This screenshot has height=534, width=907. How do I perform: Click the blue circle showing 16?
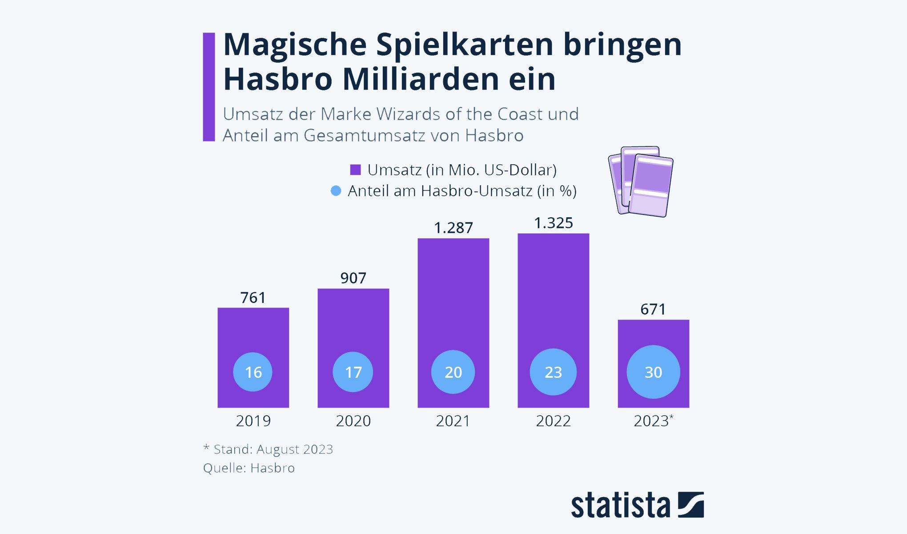pyautogui.click(x=253, y=372)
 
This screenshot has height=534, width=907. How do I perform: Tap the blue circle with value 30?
pyautogui.click(x=653, y=372)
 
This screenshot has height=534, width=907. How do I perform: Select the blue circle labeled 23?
pyautogui.click(x=553, y=372)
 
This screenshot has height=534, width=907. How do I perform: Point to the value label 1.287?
pyautogui.click(x=453, y=228)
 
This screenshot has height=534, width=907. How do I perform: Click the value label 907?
pyautogui.click(x=353, y=278)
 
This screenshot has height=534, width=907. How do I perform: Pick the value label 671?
pyautogui.click(x=653, y=309)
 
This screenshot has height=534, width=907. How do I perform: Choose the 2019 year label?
pyautogui.click(x=253, y=421)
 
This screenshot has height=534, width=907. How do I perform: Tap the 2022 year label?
pyautogui.click(x=553, y=421)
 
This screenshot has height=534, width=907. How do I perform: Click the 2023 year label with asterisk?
pyautogui.click(x=653, y=421)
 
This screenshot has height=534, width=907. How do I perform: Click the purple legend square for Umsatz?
pyautogui.click(x=355, y=170)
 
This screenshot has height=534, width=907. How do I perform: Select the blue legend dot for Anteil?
pyautogui.click(x=336, y=191)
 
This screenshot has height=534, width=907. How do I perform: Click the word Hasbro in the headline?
pyautogui.click(x=278, y=79)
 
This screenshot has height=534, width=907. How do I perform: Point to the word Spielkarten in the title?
pyautogui.click(x=465, y=44)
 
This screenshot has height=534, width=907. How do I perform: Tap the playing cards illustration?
pyautogui.click(x=641, y=181)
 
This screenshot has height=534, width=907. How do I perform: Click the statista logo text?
pyautogui.click(x=620, y=506)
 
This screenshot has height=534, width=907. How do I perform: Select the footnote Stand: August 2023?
pyautogui.click(x=268, y=449)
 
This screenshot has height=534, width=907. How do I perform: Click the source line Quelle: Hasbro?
pyautogui.click(x=249, y=468)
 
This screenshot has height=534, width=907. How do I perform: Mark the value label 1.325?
pyautogui.click(x=554, y=223)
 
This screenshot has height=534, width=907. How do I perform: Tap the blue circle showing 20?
pyautogui.click(x=453, y=372)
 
